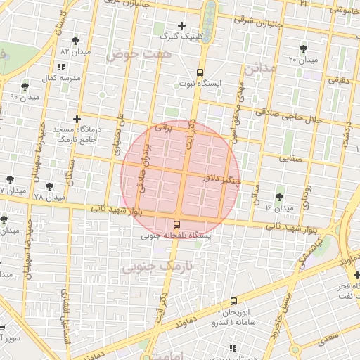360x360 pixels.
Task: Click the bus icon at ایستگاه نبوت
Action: coord(200,72)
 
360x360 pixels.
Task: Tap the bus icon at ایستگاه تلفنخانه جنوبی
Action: coord(176,225)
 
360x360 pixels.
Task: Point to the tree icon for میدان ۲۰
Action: coord(303,49)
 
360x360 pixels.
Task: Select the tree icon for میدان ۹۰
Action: coord(25,86)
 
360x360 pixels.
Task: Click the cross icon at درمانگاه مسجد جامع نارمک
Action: coord(77,119)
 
